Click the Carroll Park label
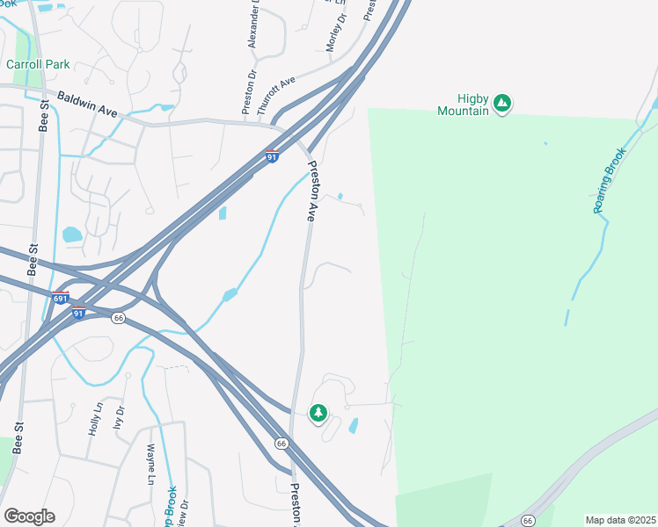click(x=38, y=64)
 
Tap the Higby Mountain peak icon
click(x=501, y=104)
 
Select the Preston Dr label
click(x=249, y=94)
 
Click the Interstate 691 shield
click(x=61, y=299)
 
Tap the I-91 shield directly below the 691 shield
click(x=78, y=313)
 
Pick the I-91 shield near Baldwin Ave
click(x=273, y=156)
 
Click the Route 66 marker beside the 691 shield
click(x=118, y=317)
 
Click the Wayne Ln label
click(x=150, y=465)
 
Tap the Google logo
click(x=29, y=516)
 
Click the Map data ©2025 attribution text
click(x=621, y=520)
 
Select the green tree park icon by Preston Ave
click(x=318, y=412)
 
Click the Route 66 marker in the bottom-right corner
click(x=528, y=520)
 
